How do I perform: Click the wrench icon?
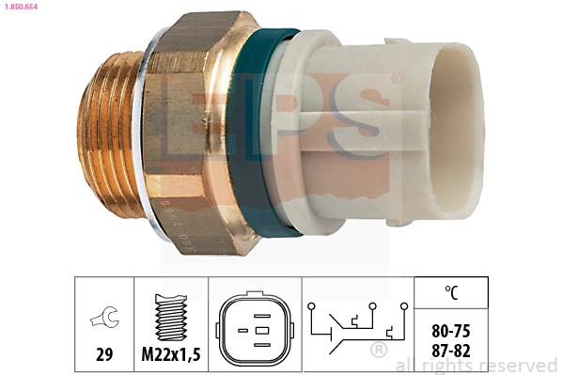click(104, 319)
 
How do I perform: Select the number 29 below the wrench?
click(104, 355)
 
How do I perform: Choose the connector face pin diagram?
click(253, 331)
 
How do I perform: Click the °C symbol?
click(453, 293)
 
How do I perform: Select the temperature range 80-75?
click(453, 332)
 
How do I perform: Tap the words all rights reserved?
click(477, 365)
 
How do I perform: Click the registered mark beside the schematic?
click(379, 352)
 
